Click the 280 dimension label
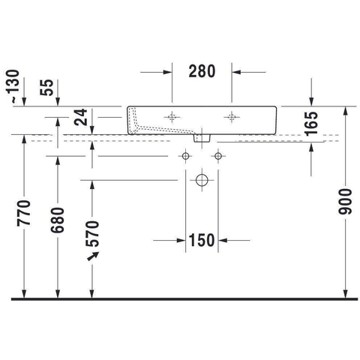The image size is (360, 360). (202, 71)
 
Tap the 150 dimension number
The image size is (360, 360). (202, 240)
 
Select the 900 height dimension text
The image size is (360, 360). (345, 202)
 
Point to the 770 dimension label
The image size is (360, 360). (24, 213)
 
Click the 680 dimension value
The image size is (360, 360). (58, 220)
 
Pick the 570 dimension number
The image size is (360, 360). (92, 233)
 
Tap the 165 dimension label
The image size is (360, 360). (311, 124)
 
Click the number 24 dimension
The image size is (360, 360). (81, 117)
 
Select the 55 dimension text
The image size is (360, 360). (46, 87)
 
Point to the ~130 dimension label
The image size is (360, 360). (13, 86)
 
